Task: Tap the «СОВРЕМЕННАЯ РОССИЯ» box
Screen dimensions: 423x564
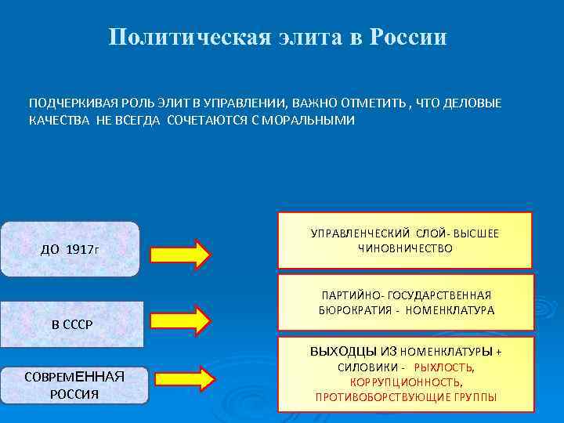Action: (74, 385)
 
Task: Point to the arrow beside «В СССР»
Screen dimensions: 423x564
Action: (179, 319)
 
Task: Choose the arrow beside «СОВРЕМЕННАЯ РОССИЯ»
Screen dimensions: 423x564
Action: (181, 379)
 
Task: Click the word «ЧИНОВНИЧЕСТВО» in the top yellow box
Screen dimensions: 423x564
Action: (405, 248)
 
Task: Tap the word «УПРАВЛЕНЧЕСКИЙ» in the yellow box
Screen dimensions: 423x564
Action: (360, 233)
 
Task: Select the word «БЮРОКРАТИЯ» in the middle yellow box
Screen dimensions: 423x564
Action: (351, 310)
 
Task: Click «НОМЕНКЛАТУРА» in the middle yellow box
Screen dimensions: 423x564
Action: (449, 310)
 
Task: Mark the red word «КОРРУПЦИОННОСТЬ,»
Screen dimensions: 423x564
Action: (406, 382)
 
